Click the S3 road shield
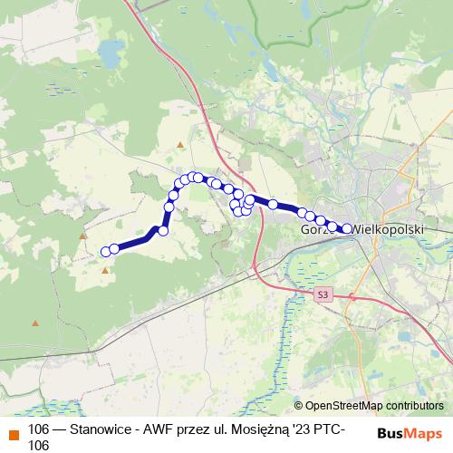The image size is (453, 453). pyautogui.click(x=323, y=294)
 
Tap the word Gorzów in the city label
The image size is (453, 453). pyautogui.click(x=317, y=231)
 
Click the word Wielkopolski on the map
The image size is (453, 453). pyautogui.click(x=390, y=231)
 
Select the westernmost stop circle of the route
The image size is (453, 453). pyautogui.click(x=106, y=251)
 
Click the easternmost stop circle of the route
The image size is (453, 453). pyautogui.click(x=347, y=229)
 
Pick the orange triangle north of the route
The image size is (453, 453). pyautogui.click(x=181, y=145)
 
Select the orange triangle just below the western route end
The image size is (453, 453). pyautogui.click(x=105, y=270)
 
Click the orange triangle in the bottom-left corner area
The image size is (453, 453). pyautogui.click(x=36, y=323)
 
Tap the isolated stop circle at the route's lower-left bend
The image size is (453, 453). pyautogui.click(x=163, y=231)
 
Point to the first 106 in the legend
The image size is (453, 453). pyautogui.click(x=40, y=429)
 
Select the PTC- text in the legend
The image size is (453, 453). pyautogui.click(x=346, y=429)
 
